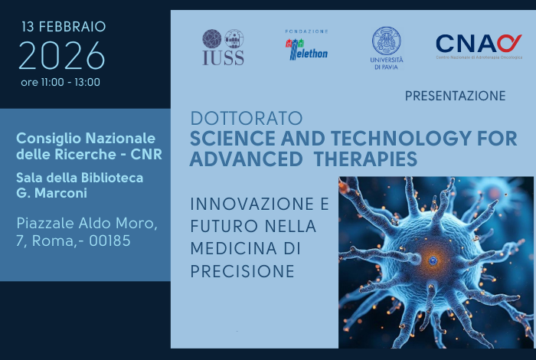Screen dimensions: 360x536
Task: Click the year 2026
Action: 61,56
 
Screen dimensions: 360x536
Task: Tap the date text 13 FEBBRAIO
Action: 64,27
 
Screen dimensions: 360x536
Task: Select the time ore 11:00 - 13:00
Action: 61,82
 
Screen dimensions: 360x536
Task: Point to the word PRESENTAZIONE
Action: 455,96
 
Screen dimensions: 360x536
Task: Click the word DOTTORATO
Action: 246,119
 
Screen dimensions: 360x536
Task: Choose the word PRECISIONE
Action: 242,271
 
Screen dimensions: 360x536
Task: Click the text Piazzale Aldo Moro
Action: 87,224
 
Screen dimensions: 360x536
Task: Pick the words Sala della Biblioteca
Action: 80,177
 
